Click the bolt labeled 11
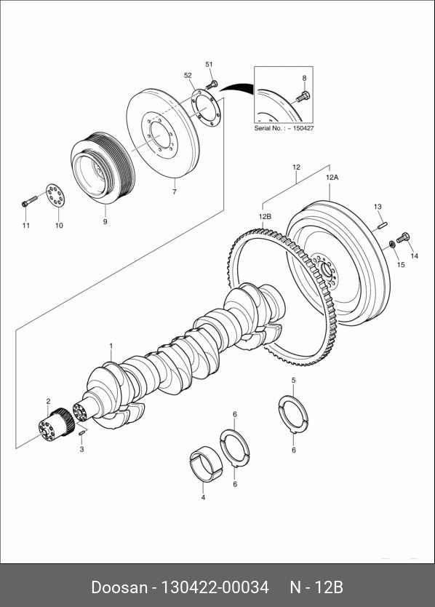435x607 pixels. click(29, 202)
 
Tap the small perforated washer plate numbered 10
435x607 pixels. click(55, 196)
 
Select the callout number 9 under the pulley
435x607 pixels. click(105, 222)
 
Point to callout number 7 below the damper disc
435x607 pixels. click(175, 191)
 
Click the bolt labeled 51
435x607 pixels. click(211, 84)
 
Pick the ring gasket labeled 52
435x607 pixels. click(206, 108)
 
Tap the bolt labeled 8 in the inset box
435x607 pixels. click(302, 97)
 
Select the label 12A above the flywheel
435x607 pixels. click(332, 178)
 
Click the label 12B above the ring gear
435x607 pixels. click(265, 216)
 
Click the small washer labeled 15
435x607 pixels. click(391, 244)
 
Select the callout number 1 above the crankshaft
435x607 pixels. click(111, 346)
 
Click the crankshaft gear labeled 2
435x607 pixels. click(57, 424)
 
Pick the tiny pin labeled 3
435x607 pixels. click(81, 432)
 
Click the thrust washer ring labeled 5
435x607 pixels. click(293, 413)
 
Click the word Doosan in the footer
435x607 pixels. click(119, 587)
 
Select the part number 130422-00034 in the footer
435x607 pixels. click(215, 587)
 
